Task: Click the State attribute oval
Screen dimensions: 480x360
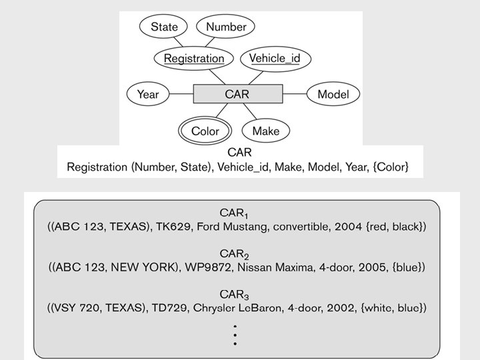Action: point(163,27)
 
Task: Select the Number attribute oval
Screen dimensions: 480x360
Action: point(225,27)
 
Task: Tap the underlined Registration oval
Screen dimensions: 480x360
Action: point(194,59)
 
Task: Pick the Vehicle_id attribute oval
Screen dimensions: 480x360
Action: point(275,59)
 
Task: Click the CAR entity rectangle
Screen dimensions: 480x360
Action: point(238,94)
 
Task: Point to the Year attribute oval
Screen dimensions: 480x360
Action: point(148,94)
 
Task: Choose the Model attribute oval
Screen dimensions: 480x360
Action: point(333,94)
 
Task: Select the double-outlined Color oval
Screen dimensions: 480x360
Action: point(205,131)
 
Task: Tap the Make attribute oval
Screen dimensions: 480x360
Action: point(266,131)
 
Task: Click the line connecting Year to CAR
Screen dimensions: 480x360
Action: point(181,94)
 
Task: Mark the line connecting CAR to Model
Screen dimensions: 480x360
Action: point(295,94)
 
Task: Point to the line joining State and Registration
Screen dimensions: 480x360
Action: point(178,42)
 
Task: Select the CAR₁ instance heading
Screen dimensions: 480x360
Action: point(234,213)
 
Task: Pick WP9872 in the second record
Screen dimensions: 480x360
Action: point(208,267)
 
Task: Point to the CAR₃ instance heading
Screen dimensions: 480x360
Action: point(234,295)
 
